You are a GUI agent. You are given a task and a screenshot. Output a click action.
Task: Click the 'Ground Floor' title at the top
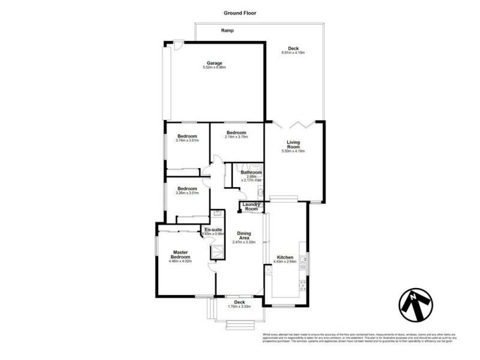pos(240,11)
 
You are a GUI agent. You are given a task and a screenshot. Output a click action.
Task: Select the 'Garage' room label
pos(215,63)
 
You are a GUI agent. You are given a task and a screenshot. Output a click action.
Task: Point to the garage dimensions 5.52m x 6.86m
pos(215,68)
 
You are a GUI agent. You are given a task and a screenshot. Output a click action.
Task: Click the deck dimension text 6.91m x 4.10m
pos(293,53)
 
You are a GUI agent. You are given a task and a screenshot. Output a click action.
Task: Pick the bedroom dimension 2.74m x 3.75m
pos(236,137)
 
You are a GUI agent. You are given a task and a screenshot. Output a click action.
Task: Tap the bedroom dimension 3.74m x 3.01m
pos(187,140)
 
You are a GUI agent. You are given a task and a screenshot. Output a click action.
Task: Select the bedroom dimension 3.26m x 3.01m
pos(187,193)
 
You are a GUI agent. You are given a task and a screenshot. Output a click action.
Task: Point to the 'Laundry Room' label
pos(251,206)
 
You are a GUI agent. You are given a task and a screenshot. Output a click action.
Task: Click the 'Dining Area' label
pos(244,236)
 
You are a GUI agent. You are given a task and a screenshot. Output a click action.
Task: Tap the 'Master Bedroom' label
pos(181,254)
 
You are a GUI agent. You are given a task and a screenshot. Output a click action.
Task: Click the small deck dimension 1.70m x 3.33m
pos(239,306)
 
